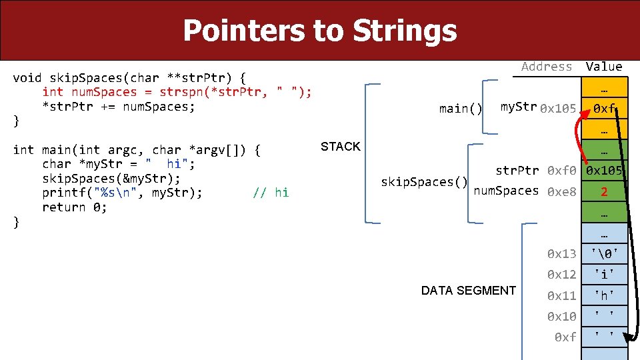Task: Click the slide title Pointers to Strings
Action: point(319,31)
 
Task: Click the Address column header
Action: point(547,66)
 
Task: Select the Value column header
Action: point(603,66)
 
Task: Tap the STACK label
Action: point(340,147)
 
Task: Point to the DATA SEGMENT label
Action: point(468,291)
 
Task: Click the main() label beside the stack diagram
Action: point(461,109)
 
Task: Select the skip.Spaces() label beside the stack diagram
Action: point(423,181)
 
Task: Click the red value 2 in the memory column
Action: point(603,192)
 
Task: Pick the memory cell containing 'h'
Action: point(603,295)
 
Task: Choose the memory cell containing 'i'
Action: point(603,275)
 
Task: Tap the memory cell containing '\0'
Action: point(603,253)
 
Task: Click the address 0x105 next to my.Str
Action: point(558,109)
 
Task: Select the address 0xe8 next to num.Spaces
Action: point(561,192)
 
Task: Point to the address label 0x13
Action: point(561,253)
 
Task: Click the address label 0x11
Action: point(561,295)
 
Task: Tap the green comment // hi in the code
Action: point(271,193)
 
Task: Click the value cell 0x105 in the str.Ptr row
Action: point(605,171)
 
